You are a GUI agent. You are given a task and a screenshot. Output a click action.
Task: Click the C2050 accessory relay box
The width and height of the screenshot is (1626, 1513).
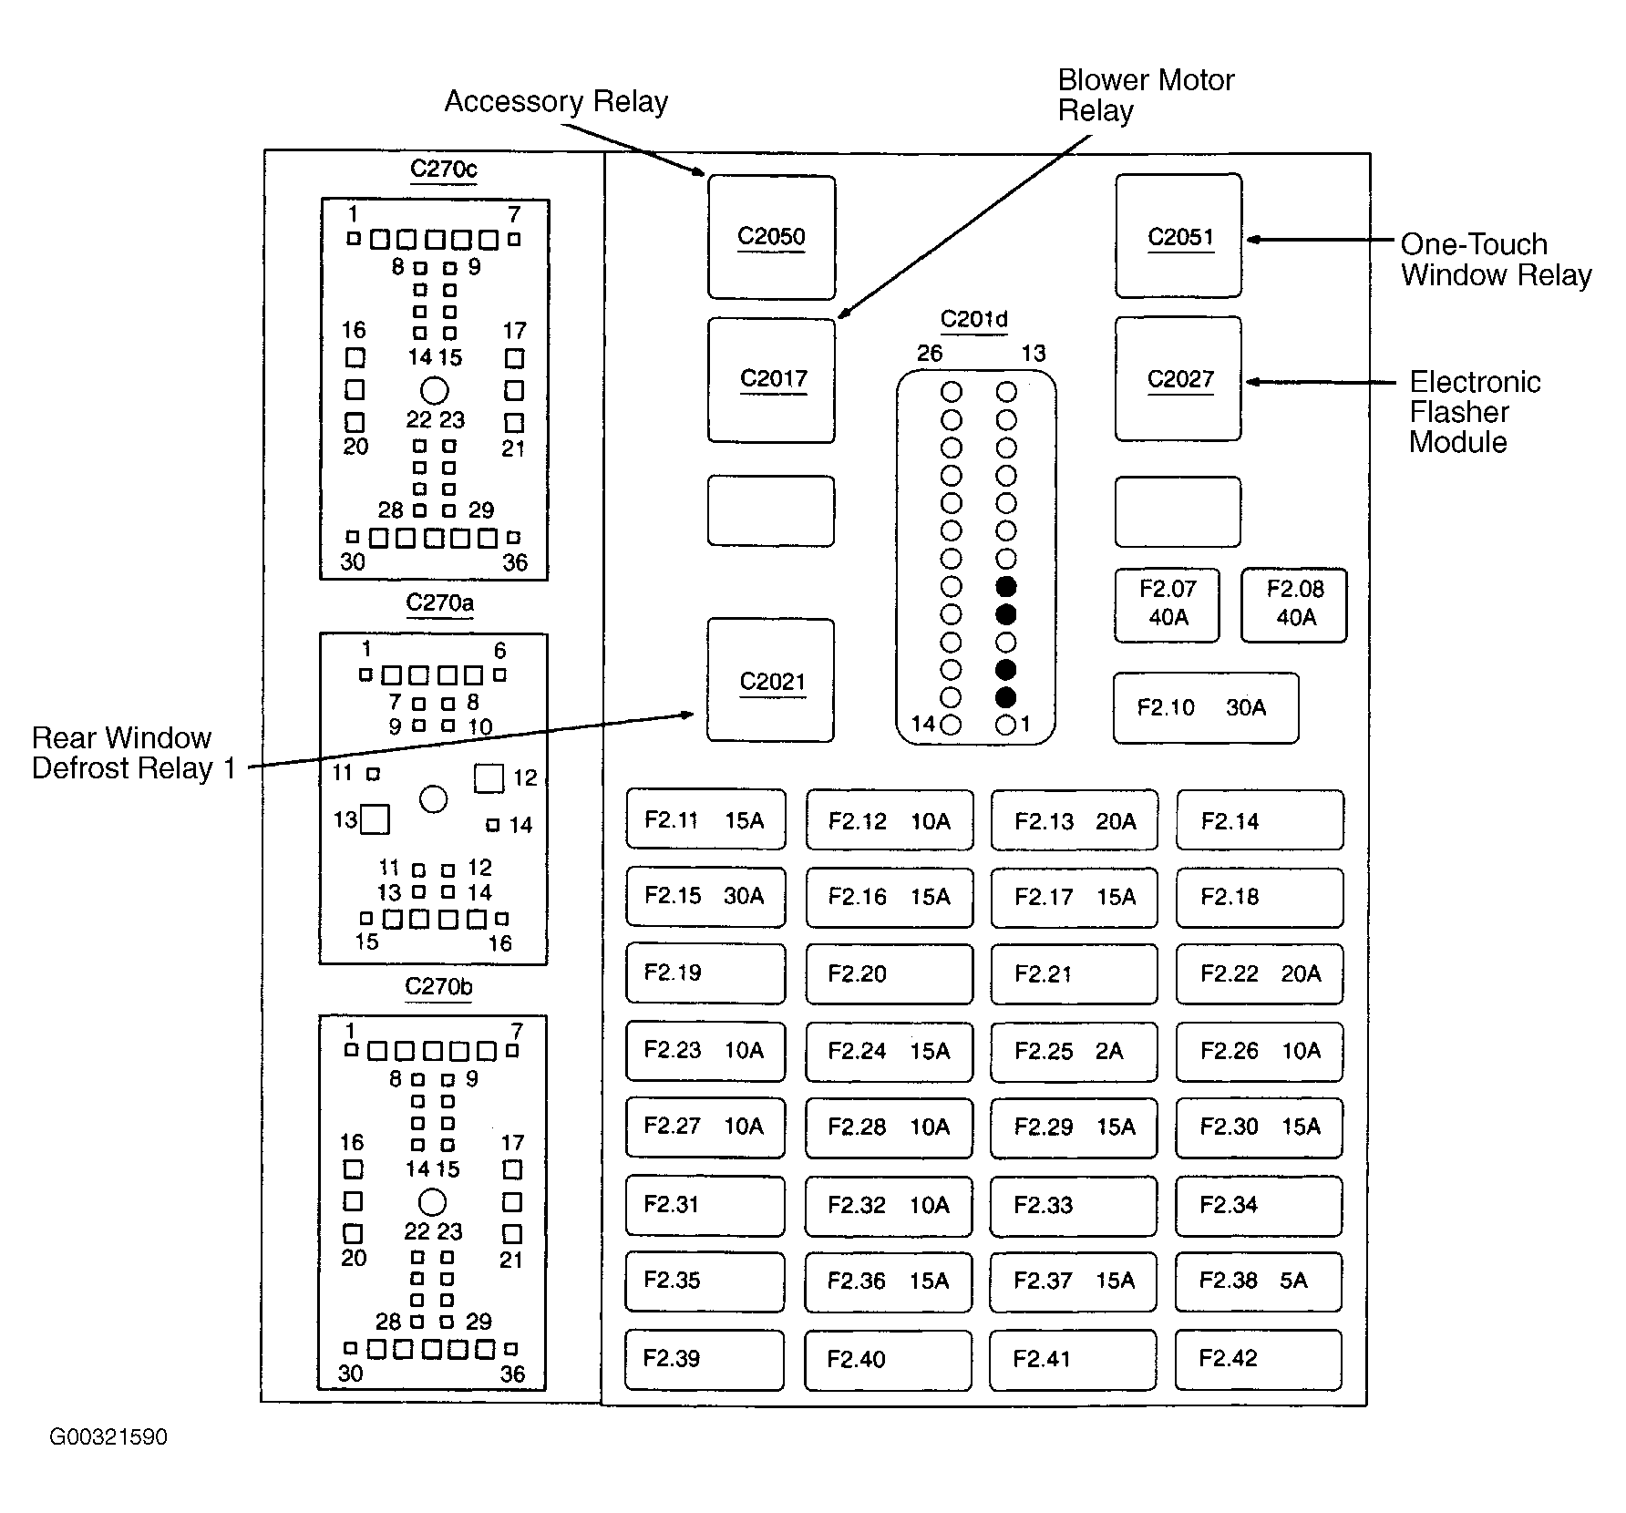pyautogui.click(x=771, y=237)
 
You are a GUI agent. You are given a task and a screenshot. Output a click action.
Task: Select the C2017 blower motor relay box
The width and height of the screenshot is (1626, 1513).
pyautogui.click(x=771, y=380)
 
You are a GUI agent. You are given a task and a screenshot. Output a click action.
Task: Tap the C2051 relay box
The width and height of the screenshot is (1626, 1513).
pyautogui.click(x=1178, y=236)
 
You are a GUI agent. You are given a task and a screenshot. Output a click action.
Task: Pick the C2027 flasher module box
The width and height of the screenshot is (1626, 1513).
pyautogui.click(x=1178, y=379)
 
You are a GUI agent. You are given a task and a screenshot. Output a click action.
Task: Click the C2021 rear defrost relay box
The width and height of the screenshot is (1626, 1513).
pyautogui.click(x=770, y=680)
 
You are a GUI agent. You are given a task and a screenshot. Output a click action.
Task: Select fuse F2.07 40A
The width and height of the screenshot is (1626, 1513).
pyautogui.click(x=1167, y=605)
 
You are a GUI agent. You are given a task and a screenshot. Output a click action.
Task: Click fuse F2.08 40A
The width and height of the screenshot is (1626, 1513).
pyautogui.click(x=1294, y=605)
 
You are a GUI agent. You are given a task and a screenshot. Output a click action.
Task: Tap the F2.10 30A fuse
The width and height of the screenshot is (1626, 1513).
pyautogui.click(x=1206, y=708)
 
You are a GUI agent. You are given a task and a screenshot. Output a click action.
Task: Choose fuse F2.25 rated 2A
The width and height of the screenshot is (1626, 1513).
pyautogui.click(x=1074, y=1052)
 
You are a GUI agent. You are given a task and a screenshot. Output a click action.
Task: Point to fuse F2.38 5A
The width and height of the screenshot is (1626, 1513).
pyautogui.click(x=1259, y=1281)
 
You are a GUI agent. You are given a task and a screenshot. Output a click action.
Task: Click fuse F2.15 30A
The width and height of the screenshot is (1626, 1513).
pyautogui.click(x=705, y=897)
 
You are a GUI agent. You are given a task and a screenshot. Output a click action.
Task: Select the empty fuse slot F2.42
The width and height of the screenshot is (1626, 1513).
pyautogui.click(x=1259, y=1360)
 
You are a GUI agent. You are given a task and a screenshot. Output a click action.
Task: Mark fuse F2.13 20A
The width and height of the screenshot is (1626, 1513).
pyautogui.click(x=1075, y=820)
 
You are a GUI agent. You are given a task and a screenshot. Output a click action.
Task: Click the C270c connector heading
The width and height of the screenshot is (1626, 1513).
pyautogui.click(x=444, y=169)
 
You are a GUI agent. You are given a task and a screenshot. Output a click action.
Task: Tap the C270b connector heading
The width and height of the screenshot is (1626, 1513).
pyautogui.click(x=438, y=986)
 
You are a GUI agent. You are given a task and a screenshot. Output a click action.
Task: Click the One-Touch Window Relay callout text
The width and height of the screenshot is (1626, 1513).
pyautogui.click(x=1496, y=260)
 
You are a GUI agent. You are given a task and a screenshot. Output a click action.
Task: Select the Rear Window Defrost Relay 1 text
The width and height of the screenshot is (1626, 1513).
pyautogui.click(x=134, y=753)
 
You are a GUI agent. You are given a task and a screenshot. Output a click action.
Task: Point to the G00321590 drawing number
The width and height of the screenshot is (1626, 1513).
pyautogui.click(x=108, y=1437)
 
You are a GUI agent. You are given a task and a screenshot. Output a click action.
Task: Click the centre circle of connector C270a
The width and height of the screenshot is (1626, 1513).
pyautogui.click(x=434, y=799)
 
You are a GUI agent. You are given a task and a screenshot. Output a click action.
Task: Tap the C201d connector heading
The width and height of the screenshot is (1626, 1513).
pyautogui.click(x=974, y=319)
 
